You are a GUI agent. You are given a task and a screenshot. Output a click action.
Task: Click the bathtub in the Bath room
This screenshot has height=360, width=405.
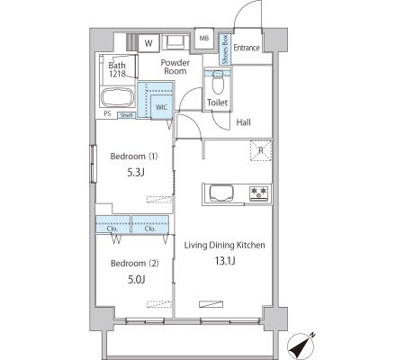pos(117,97)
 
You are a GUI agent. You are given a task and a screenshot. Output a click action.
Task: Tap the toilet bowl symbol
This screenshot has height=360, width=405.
pos(218,83)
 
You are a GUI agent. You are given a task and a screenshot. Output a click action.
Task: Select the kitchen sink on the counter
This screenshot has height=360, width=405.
pos(221,193)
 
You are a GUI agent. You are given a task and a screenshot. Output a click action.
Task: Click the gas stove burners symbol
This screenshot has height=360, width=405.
pos(258,193)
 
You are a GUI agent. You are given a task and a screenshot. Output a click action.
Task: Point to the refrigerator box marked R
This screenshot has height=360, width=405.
pos(261,150)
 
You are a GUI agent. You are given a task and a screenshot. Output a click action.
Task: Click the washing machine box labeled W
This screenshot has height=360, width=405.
pos(148,43)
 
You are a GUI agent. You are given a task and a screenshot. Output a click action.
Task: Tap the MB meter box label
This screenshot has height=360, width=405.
pos(204,39)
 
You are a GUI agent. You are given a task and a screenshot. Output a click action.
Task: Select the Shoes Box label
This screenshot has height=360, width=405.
pos(225,49)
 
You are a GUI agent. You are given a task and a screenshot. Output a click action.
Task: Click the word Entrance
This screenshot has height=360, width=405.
pos(247,48)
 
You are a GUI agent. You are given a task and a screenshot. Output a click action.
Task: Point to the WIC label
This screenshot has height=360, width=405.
pos(161,107)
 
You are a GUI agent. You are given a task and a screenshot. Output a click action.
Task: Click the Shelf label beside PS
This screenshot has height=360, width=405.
pos(126,115)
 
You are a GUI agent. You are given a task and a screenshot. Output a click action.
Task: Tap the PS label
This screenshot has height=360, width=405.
pos(107,113)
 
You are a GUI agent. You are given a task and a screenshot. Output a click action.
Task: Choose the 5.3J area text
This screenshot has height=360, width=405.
pos(136,172)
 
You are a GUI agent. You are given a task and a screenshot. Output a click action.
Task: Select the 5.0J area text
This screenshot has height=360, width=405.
pos(137,280)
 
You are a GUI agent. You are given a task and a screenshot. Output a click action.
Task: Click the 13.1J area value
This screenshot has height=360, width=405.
pos(225,261)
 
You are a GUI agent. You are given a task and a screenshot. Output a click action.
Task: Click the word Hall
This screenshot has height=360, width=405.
pos(244,122)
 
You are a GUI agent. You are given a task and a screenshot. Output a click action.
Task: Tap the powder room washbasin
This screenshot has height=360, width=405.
pos(175,41)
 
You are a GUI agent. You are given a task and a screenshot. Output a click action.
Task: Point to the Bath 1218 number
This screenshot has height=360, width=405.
pos(117,74)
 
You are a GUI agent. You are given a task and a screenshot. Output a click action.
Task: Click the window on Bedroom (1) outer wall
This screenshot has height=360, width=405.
pos(93,164)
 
